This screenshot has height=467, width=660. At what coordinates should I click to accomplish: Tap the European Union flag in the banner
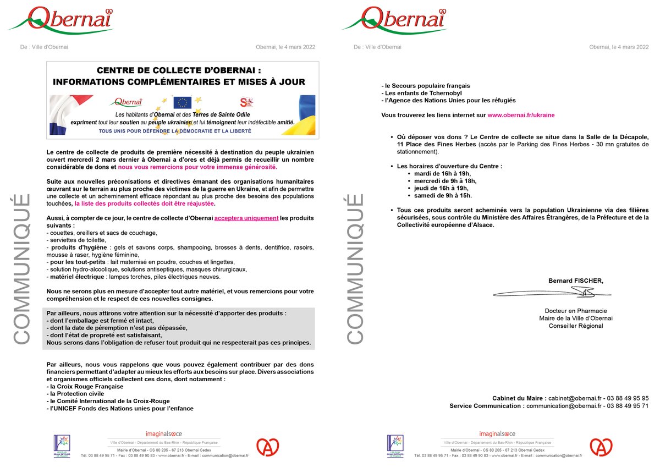pos(182,102)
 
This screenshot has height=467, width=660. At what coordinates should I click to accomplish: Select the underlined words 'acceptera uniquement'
pos(246,218)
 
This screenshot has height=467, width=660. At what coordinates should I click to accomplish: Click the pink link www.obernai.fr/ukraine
pos(521,115)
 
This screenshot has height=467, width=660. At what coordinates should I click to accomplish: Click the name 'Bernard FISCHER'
pos(575,281)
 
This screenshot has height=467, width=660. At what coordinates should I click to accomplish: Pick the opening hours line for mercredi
pos(445,180)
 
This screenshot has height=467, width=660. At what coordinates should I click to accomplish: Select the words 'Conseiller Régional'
pos(575,326)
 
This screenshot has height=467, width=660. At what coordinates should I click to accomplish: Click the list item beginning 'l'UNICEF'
pos(120,408)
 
